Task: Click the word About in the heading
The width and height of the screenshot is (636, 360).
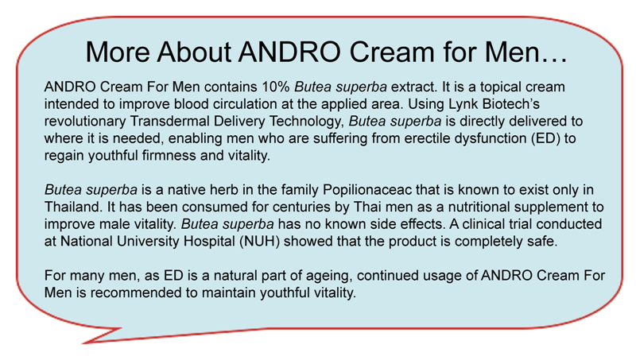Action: [x=194, y=52]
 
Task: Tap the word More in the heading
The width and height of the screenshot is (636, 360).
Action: [x=118, y=52]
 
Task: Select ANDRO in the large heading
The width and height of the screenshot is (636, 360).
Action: [x=289, y=52]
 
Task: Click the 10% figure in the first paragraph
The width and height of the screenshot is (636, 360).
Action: [x=276, y=87]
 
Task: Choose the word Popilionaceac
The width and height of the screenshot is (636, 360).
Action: [x=367, y=190]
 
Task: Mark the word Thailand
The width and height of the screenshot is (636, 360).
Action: [x=73, y=207]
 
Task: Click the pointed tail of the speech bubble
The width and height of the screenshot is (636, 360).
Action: [x=84, y=343]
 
